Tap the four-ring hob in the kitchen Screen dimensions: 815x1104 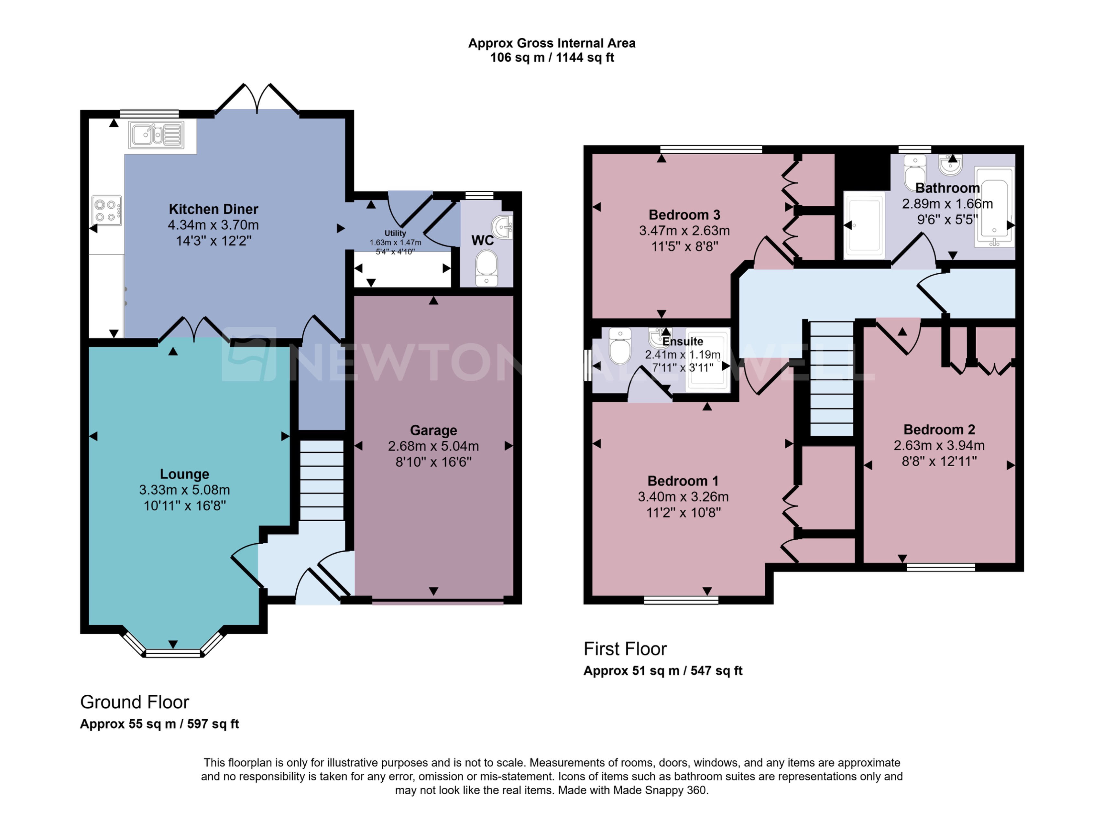click(106, 211)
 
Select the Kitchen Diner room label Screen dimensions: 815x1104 click(213, 209)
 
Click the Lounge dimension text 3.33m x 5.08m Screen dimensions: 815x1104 click(184, 490)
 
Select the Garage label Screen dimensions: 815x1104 click(433, 430)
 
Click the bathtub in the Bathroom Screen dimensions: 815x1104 click(994, 207)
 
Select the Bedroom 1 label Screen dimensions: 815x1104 click(683, 481)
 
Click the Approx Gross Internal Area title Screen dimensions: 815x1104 click(552, 43)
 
